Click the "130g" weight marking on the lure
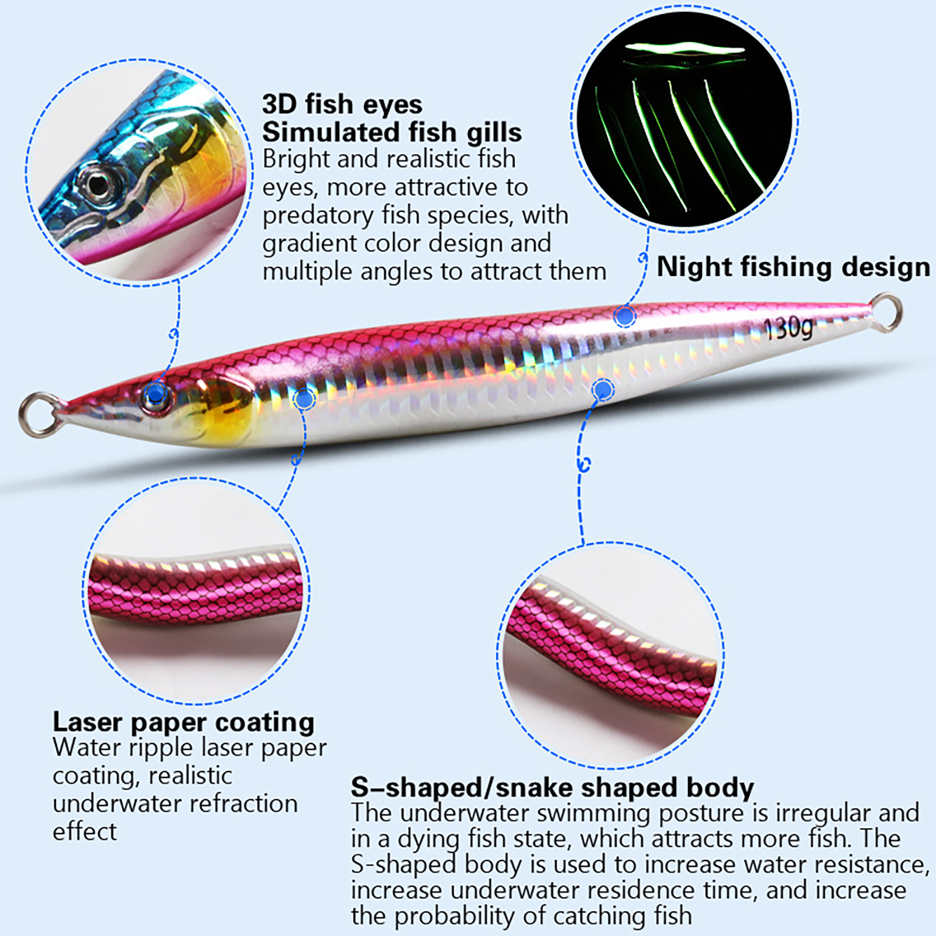click(x=789, y=328)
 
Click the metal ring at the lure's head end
click(x=38, y=414)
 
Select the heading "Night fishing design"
click(x=793, y=267)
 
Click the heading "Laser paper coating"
click(x=183, y=722)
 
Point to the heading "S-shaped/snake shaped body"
click(x=552, y=787)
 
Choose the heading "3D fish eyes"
click(x=342, y=104)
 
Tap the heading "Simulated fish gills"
click(x=391, y=132)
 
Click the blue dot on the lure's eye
click(x=154, y=394)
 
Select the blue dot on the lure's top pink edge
click(x=625, y=316)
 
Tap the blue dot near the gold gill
click(x=304, y=400)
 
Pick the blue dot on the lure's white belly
click(x=603, y=389)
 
